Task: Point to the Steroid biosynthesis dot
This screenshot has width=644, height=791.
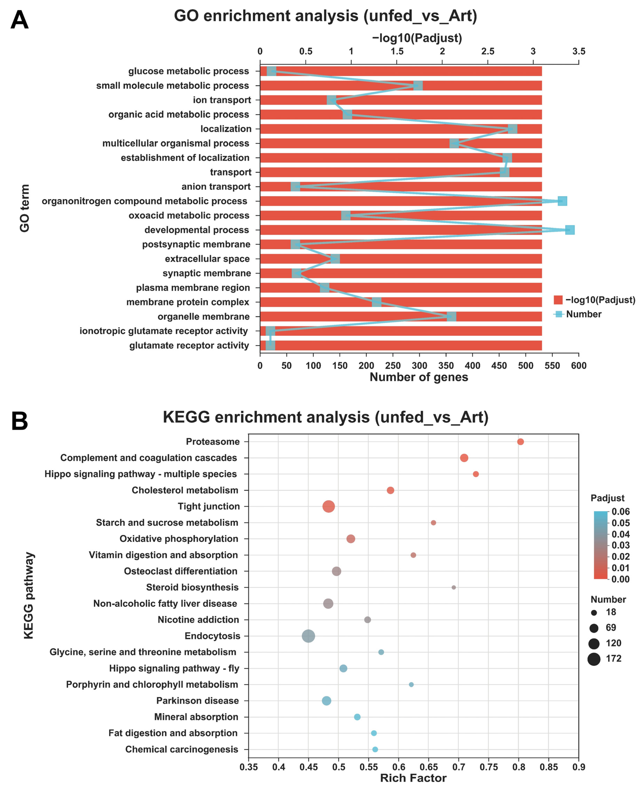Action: pos(453,587)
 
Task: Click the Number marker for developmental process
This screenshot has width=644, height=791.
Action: pos(569,230)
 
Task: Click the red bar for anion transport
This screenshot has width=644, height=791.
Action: pos(408,187)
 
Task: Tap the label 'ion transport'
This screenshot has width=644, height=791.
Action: pos(222,100)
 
